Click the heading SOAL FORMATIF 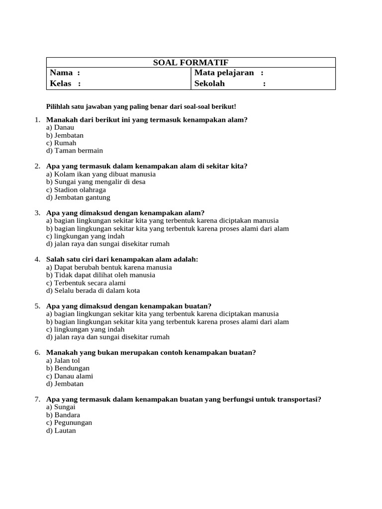(191, 62)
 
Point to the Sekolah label (210, 84)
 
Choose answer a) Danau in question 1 (60, 128)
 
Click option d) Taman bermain (75, 151)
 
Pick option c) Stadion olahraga (76, 190)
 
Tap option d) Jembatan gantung (78, 197)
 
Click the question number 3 (37, 213)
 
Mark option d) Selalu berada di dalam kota (93, 290)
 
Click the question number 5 (37, 306)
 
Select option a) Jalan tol (63, 360)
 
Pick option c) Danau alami (70, 376)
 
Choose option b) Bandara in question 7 (63, 415)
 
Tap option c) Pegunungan (69, 423)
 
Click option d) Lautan (61, 430)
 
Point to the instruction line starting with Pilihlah (141, 107)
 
